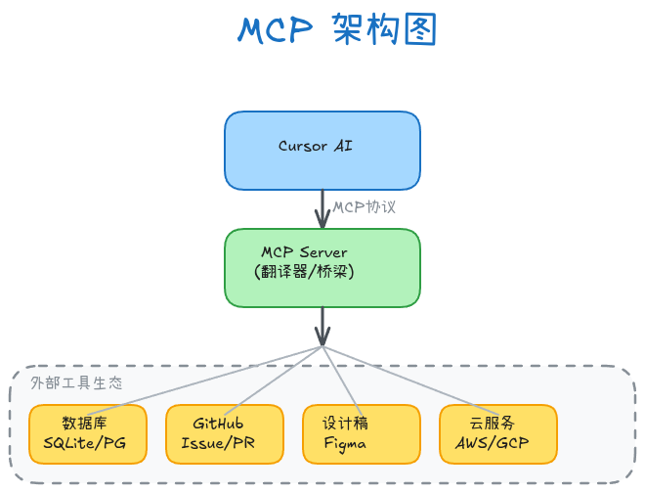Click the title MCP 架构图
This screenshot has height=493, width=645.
tap(336, 31)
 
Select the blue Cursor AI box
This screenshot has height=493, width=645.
tap(322, 150)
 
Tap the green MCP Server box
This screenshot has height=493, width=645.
tap(322, 267)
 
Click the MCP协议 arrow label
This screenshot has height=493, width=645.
tap(365, 208)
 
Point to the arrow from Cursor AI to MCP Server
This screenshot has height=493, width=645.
tap(322, 208)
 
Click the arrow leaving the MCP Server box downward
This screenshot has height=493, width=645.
tap(322, 325)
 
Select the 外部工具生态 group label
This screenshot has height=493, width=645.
tap(77, 383)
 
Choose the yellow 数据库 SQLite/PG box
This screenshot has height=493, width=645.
tap(88, 433)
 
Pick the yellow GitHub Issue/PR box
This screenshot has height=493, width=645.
tap(225, 433)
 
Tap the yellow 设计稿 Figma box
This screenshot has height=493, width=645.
tap(362, 433)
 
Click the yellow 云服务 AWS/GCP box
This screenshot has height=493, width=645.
tap(498, 433)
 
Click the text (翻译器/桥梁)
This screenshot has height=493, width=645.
tap(304, 271)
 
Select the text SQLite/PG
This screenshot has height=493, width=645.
tap(85, 443)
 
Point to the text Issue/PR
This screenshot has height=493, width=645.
tap(217, 443)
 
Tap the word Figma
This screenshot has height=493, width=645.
tap(345, 443)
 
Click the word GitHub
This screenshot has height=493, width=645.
tap(217, 424)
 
